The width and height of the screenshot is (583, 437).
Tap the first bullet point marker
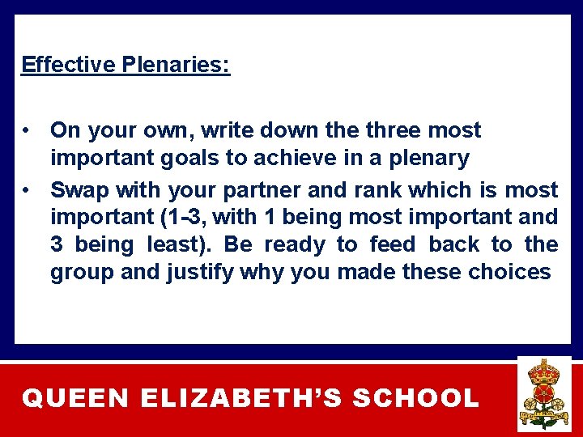click(x=28, y=130)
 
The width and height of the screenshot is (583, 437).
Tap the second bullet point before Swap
click(x=28, y=190)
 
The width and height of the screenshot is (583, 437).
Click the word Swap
click(x=79, y=190)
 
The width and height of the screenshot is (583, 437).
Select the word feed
click(x=392, y=244)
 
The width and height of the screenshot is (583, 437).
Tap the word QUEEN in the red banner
click(x=75, y=399)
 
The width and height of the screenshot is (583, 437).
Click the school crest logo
click(x=543, y=394)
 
